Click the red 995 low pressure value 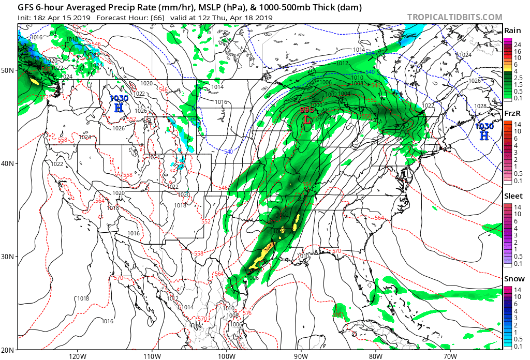307,110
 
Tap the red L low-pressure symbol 307,119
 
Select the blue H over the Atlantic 484,136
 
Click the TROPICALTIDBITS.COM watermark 454,17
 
